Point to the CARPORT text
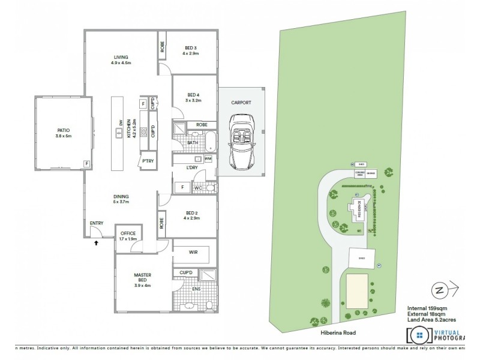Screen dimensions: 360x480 (x=241, y=103)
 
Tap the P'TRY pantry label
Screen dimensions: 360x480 (x=147, y=161)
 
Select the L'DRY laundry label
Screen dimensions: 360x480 (x=193, y=166)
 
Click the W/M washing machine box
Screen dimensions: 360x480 (x=208, y=158)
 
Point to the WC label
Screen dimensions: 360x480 (x=197, y=188)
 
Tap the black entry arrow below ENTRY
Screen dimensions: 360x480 (x=96, y=244)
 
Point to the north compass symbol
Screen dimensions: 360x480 (x=441, y=290)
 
